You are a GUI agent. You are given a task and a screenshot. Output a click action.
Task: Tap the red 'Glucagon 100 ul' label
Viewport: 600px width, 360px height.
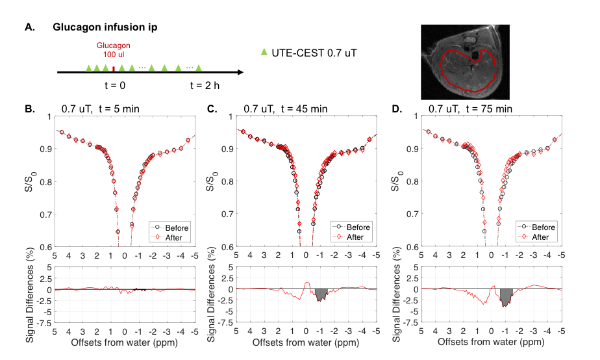[x=114, y=51]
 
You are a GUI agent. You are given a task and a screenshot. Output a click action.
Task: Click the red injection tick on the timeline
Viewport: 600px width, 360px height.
[x=114, y=68]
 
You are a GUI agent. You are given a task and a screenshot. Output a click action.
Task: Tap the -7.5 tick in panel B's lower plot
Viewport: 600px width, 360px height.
[x=45, y=320]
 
